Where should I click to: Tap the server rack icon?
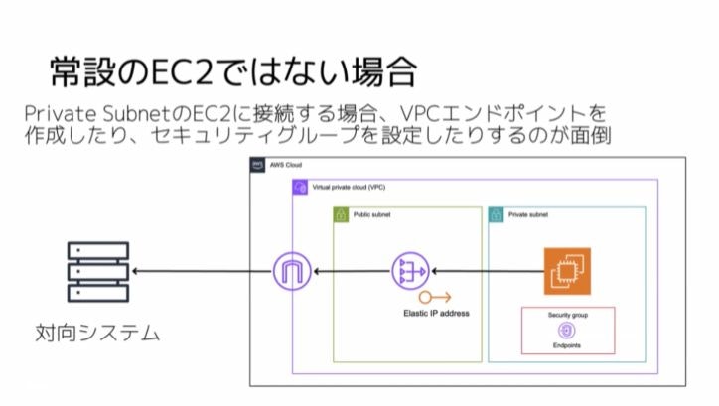[96, 272]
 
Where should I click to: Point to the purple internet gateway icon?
[292, 271]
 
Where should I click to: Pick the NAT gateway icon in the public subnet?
[409, 271]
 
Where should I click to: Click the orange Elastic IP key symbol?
[435, 297]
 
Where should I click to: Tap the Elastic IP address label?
[436, 314]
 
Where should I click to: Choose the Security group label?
[567, 315]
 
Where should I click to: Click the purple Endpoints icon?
[567, 331]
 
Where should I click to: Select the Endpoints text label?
[567, 346]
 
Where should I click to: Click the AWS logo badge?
[257, 165]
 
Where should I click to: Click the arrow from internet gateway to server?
[200, 271]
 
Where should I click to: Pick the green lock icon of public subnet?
[340, 214]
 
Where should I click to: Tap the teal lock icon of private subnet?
[496, 214]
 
